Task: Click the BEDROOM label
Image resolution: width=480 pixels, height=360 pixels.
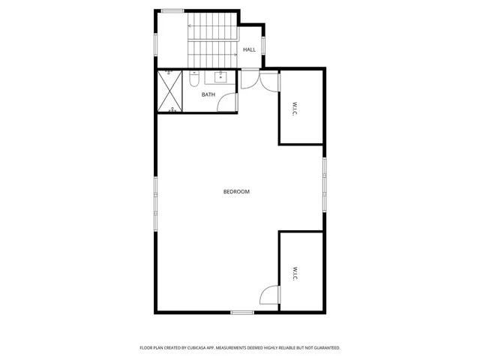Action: coord(236,192)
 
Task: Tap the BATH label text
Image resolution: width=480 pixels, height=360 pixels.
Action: coord(208,94)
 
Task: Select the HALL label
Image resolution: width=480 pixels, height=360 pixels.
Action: coord(249,49)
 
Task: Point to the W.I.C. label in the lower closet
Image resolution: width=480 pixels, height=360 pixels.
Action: coord(295,272)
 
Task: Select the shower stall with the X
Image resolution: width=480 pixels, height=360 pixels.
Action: coord(170,91)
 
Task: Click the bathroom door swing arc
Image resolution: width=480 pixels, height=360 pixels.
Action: coord(227,103)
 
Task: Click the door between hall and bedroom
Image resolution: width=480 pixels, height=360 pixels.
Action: coord(250,78)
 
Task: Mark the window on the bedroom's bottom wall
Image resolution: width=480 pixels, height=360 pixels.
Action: coord(241,312)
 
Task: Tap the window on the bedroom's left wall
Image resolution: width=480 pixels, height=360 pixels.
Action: coord(156,193)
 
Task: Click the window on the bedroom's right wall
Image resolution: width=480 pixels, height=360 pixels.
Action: coord(325,184)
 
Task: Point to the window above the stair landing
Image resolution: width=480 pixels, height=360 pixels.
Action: coord(172,10)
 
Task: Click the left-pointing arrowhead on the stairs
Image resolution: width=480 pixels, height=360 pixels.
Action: coord(190,26)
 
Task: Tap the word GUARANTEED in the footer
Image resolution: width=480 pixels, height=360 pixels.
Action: coord(323,348)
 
